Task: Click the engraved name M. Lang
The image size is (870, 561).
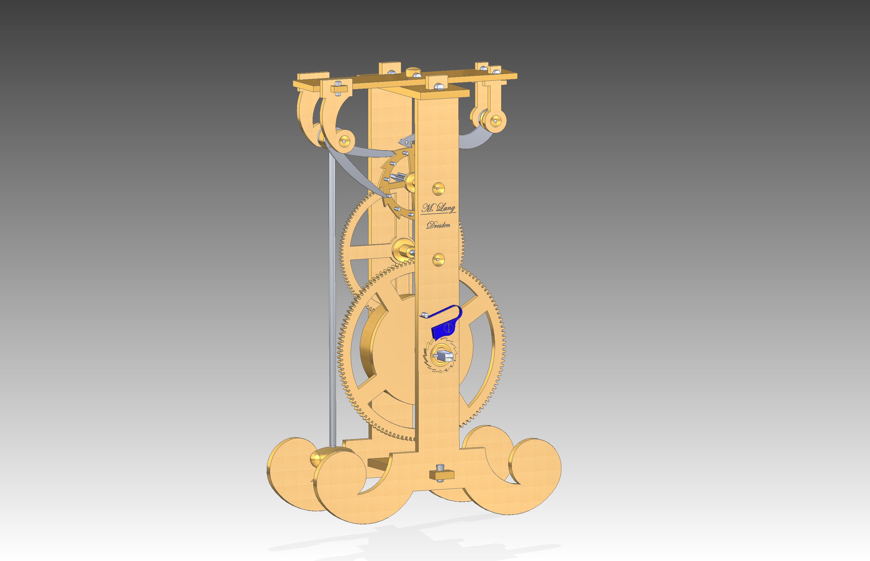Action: [439, 208]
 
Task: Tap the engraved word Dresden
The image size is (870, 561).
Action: [439, 225]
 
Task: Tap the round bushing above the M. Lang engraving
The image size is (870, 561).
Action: [438, 189]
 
